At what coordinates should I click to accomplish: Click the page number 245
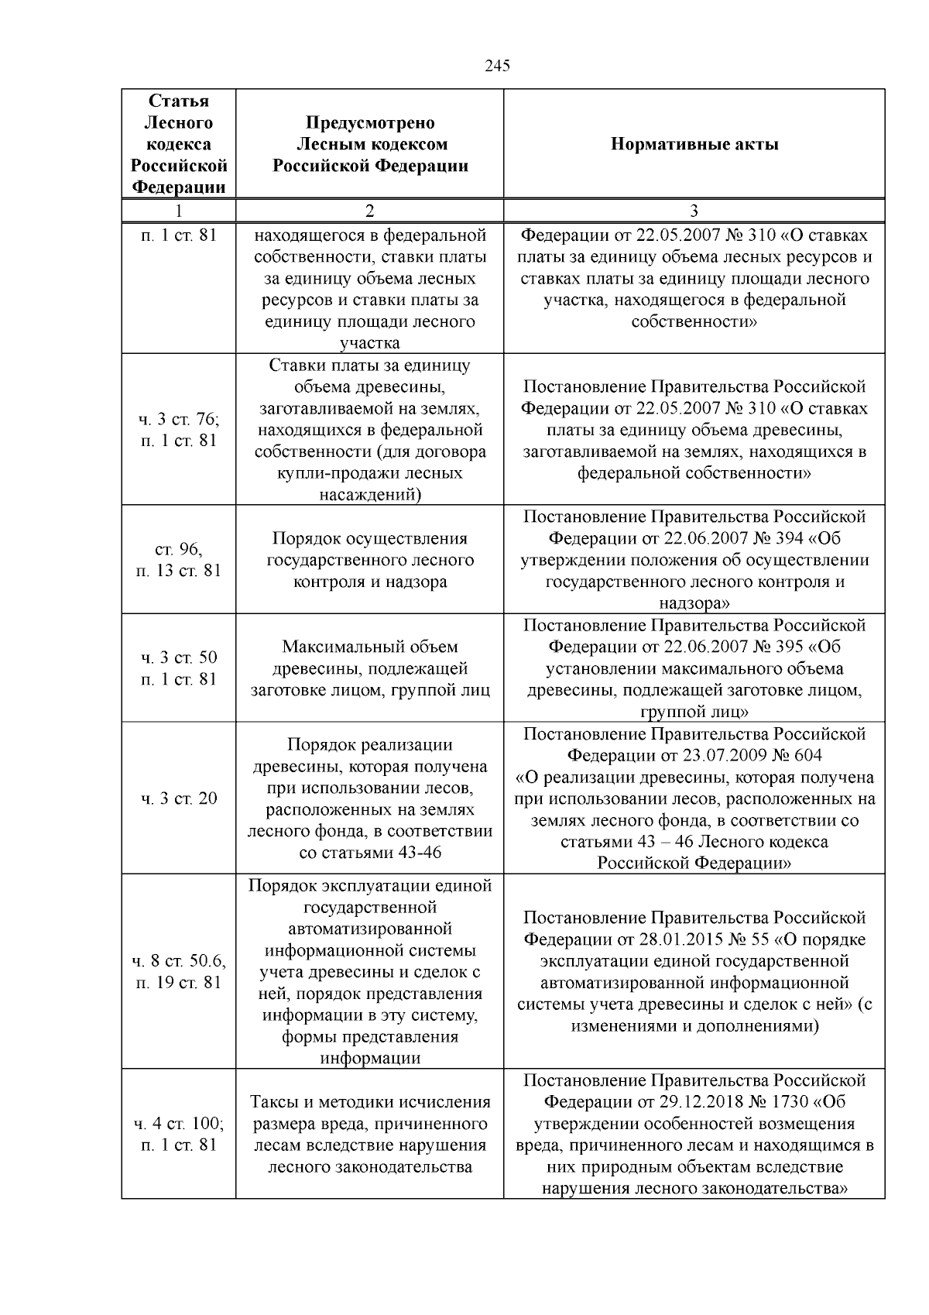pyautogui.click(x=497, y=66)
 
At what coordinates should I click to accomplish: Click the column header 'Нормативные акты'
pyautogui.click(x=694, y=144)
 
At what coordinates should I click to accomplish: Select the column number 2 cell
pyautogui.click(x=369, y=211)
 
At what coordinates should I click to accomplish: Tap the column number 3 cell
pyautogui.click(x=694, y=211)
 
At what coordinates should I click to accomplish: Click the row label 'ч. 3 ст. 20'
pyautogui.click(x=179, y=798)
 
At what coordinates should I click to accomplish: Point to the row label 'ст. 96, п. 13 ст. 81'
pyautogui.click(x=179, y=560)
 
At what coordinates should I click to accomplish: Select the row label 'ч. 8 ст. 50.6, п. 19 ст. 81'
pyautogui.click(x=179, y=972)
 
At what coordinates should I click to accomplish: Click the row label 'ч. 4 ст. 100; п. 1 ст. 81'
pyautogui.click(x=179, y=1134)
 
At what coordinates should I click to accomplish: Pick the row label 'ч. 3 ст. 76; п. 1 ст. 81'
pyautogui.click(x=179, y=430)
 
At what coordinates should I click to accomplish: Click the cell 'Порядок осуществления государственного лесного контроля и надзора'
pyautogui.click(x=369, y=560)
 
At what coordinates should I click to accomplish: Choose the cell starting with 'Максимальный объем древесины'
pyautogui.click(x=369, y=668)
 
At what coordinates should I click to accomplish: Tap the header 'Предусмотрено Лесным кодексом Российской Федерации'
pyautogui.click(x=369, y=144)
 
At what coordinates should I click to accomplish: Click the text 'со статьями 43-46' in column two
pyautogui.click(x=369, y=853)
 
